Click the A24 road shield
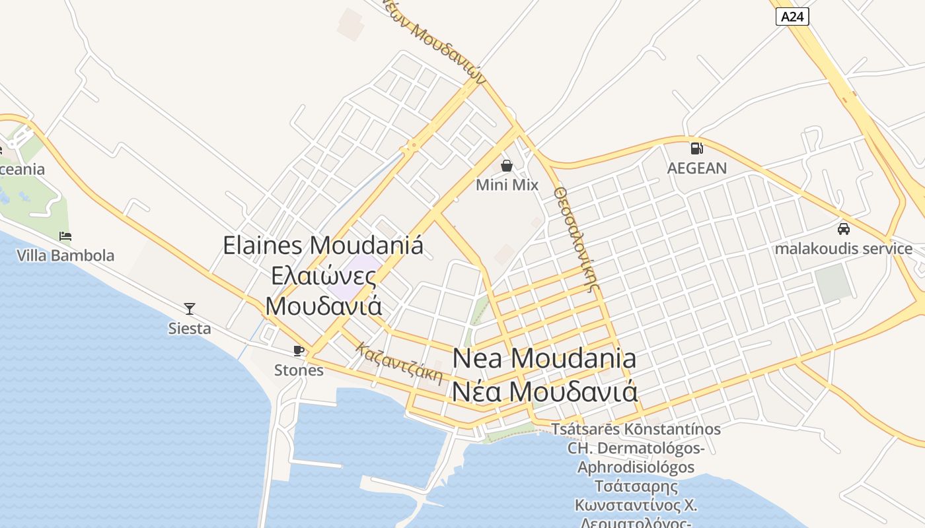tap(792, 16)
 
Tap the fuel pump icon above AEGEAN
tap(696, 148)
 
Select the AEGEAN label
tap(696, 168)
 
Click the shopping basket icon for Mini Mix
tap(507, 165)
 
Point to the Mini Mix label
tap(507, 185)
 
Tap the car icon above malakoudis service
tap(843, 229)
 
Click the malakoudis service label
tap(843, 249)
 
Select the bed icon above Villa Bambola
tap(65, 236)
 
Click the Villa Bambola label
tap(65, 255)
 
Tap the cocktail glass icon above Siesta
tap(190, 308)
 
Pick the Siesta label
tap(190, 328)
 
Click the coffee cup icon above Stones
tap(299, 350)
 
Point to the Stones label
tap(299, 370)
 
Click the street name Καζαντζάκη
tap(398, 363)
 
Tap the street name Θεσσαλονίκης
tap(577, 238)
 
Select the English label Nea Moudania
tap(544, 358)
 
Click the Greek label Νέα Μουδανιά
tap(544, 391)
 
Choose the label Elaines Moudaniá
tap(323, 246)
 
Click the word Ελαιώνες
tap(324, 276)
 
